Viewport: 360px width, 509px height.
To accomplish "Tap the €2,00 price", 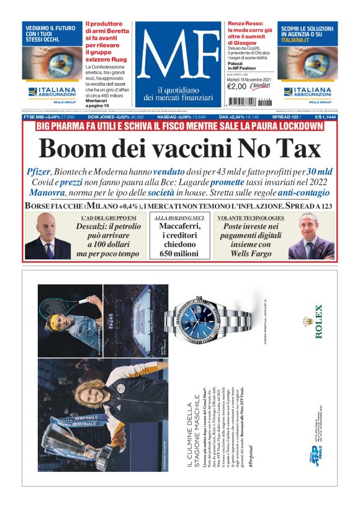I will coord(237,86).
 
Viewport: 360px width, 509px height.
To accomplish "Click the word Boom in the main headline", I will coord(73,149).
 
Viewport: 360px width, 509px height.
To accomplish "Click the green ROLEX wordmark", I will coord(319,321).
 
